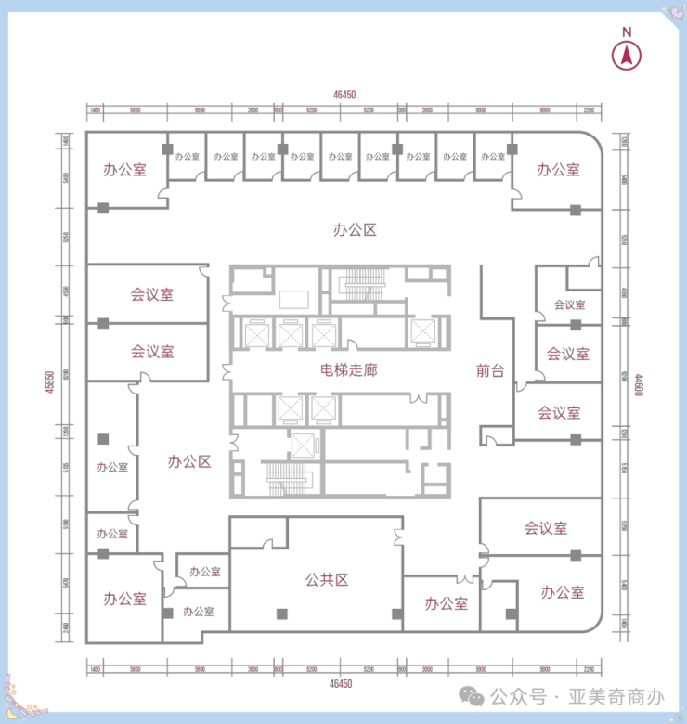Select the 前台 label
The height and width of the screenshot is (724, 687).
tap(489, 371)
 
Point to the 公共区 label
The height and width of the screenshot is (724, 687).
tap(326, 580)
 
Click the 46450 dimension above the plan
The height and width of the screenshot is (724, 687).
tap(343, 94)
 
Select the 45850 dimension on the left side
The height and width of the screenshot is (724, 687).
tap(48, 382)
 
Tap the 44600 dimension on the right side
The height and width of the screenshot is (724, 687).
tap(639, 383)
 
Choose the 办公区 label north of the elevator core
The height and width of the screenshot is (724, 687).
tap(355, 229)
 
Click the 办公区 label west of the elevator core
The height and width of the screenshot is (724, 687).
tap(189, 461)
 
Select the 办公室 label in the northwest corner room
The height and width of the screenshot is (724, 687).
tap(124, 170)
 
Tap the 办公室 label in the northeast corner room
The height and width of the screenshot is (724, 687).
tap(558, 170)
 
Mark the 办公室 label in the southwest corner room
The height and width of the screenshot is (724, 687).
tap(124, 599)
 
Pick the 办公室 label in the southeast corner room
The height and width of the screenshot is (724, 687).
tap(562, 592)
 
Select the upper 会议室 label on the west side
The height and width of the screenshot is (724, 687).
tap(152, 295)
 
